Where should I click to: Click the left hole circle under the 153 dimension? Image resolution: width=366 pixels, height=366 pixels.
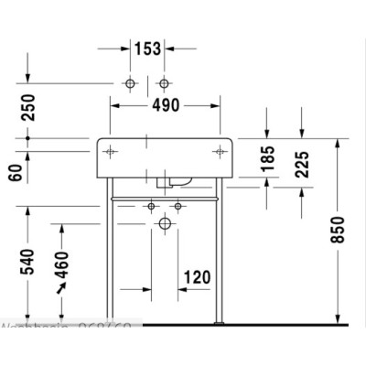pyautogui.click(x=130, y=84)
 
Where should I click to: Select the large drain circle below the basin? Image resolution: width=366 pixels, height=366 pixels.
pyautogui.click(x=166, y=222)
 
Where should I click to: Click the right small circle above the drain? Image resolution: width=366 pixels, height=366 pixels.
pyautogui.click(x=179, y=208)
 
